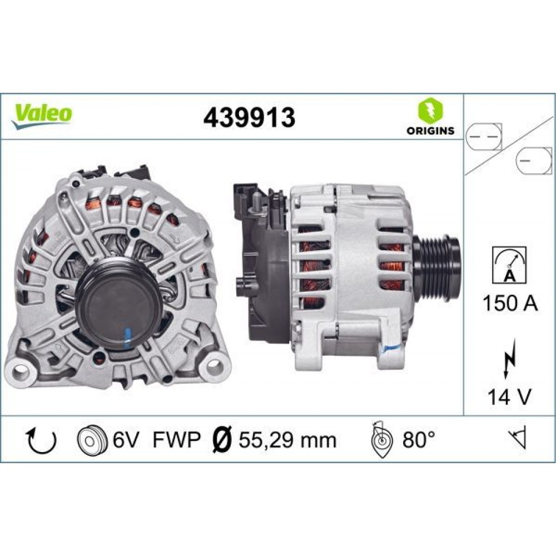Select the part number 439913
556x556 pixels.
click(x=249, y=118)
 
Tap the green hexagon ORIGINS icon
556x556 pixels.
click(x=430, y=110)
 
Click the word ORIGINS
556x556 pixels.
click(x=430, y=131)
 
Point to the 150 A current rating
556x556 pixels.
click(x=510, y=303)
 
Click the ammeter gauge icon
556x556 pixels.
click(x=509, y=265)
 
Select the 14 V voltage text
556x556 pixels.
click(x=509, y=396)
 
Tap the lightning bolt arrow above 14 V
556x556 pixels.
click(x=509, y=359)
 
